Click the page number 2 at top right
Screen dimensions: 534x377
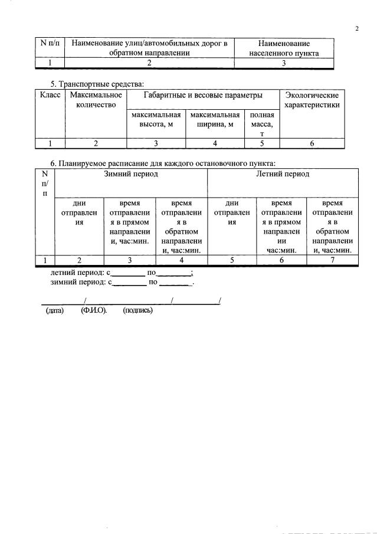[x=357, y=28]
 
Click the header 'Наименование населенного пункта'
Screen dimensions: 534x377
[x=284, y=48]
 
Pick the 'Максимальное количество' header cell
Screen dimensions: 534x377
[x=96, y=100]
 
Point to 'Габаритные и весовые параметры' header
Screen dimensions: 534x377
[x=203, y=94]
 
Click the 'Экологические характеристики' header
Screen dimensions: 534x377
[x=312, y=100]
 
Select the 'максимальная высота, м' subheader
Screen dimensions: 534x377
[x=156, y=120]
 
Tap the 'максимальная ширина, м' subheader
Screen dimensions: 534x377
[x=215, y=120]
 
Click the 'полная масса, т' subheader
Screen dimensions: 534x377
[x=261, y=125]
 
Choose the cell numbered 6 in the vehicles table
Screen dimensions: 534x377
[x=312, y=143]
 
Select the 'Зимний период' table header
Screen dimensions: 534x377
[x=131, y=174]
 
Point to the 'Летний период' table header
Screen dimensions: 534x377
[x=283, y=174]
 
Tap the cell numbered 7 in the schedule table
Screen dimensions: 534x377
[x=333, y=260]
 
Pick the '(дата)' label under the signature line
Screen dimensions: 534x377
[x=55, y=310]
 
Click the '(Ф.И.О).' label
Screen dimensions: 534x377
[x=94, y=310]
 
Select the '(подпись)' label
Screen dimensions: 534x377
[x=137, y=310]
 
